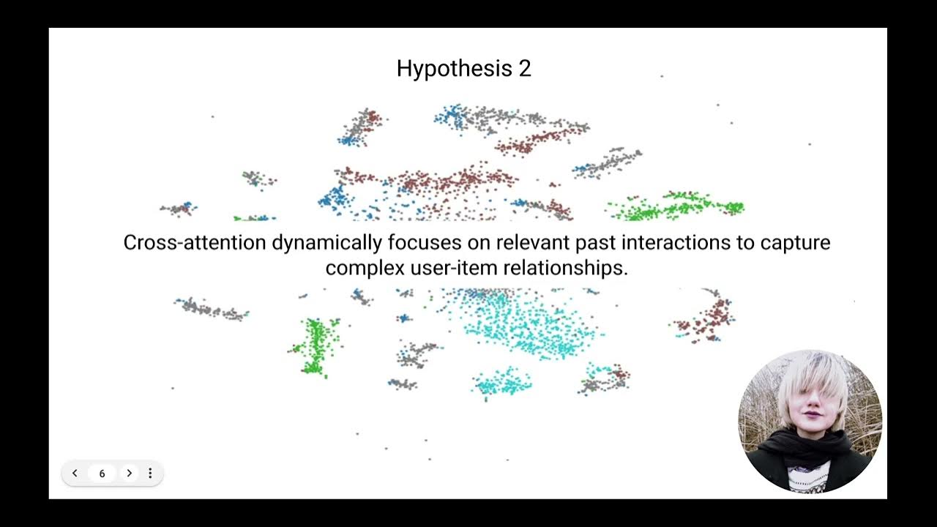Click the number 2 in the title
524,69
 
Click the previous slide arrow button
75,474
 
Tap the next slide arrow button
130,474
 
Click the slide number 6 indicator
102,474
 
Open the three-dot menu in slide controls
150,474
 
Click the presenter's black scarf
809,446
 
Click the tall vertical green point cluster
316,345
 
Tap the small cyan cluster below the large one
502,382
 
